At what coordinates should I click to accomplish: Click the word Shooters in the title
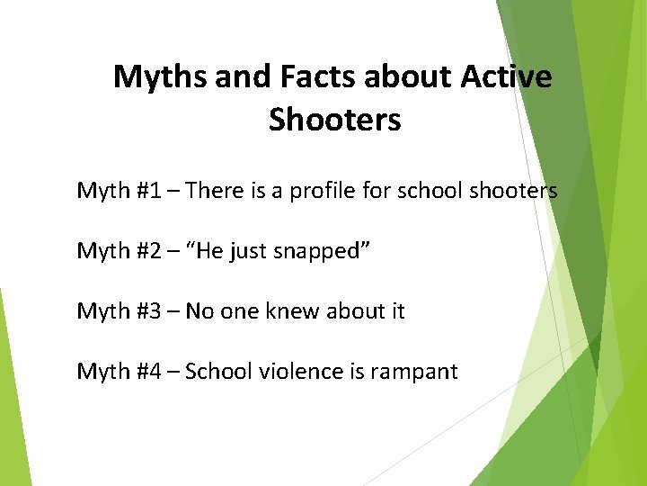(334, 120)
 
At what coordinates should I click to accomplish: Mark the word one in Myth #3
(241, 311)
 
